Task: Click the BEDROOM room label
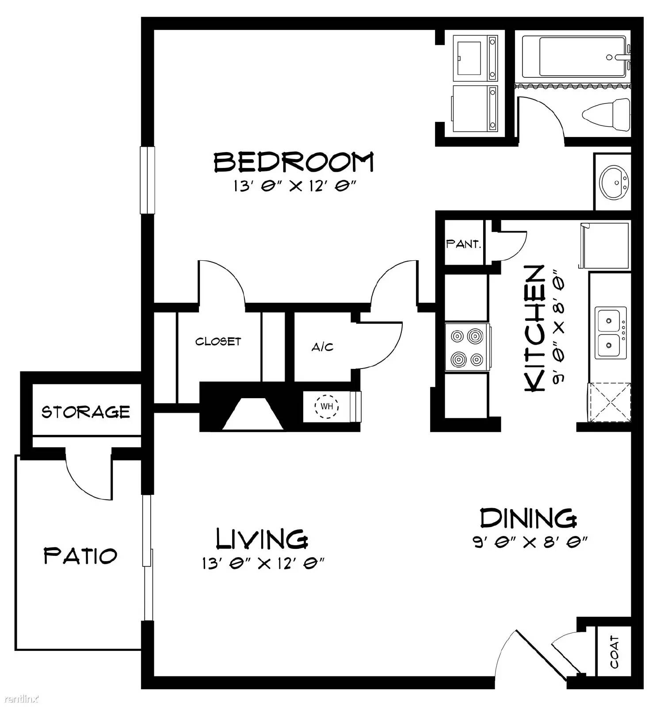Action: click(x=294, y=162)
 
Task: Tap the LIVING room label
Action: click(x=262, y=538)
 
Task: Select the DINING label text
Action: click(x=528, y=518)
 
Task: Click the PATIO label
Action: click(x=80, y=555)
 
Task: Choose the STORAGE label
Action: click(x=86, y=412)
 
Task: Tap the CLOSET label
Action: click(x=218, y=341)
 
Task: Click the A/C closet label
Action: click(x=322, y=347)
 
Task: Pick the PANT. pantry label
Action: click(x=463, y=243)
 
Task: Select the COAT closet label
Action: click(x=614, y=652)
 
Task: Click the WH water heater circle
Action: click(x=327, y=406)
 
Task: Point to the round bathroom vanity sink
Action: click(x=614, y=181)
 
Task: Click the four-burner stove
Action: click(x=468, y=347)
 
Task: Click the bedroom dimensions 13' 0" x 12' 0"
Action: click(x=295, y=186)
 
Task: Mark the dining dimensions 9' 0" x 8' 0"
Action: click(x=530, y=542)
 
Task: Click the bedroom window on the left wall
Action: click(x=148, y=180)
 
